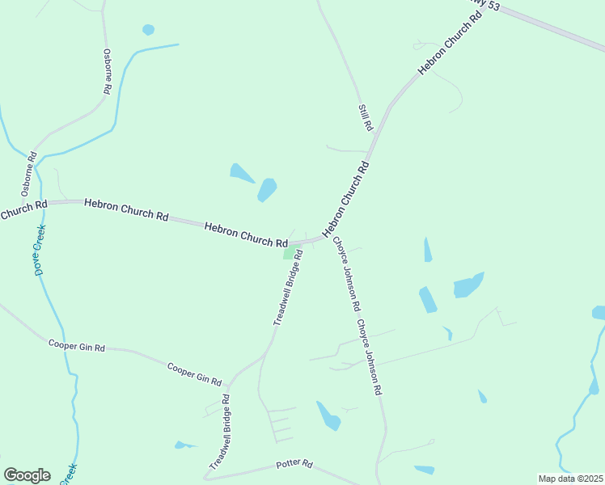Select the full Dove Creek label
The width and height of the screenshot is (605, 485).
coord(40,250)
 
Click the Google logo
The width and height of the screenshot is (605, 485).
coord(27,475)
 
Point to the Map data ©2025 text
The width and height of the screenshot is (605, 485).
coord(570,479)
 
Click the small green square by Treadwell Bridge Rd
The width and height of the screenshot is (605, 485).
coord(289,253)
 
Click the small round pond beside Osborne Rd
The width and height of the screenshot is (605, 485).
coord(148,30)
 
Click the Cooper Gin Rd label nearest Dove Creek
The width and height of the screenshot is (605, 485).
coord(77,347)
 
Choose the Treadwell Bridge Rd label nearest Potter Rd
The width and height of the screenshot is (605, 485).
coord(220,433)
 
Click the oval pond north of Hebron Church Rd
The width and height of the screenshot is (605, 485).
coord(267,190)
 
